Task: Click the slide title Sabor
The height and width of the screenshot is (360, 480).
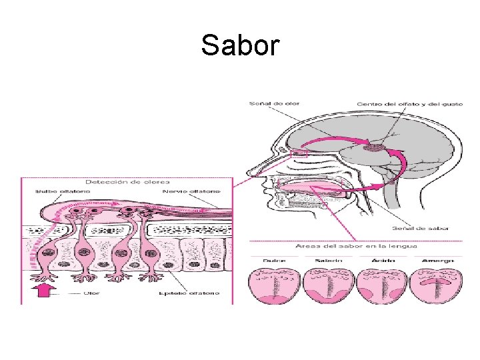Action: (240, 46)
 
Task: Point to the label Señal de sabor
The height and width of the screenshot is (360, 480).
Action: (427, 228)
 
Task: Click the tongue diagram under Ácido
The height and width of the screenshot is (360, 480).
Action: (379, 285)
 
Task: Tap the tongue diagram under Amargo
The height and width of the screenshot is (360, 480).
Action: (434, 285)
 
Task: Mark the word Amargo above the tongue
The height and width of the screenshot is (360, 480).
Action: (438, 260)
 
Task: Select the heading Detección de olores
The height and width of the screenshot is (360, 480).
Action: (127, 181)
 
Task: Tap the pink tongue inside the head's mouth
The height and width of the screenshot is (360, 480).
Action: (313, 187)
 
